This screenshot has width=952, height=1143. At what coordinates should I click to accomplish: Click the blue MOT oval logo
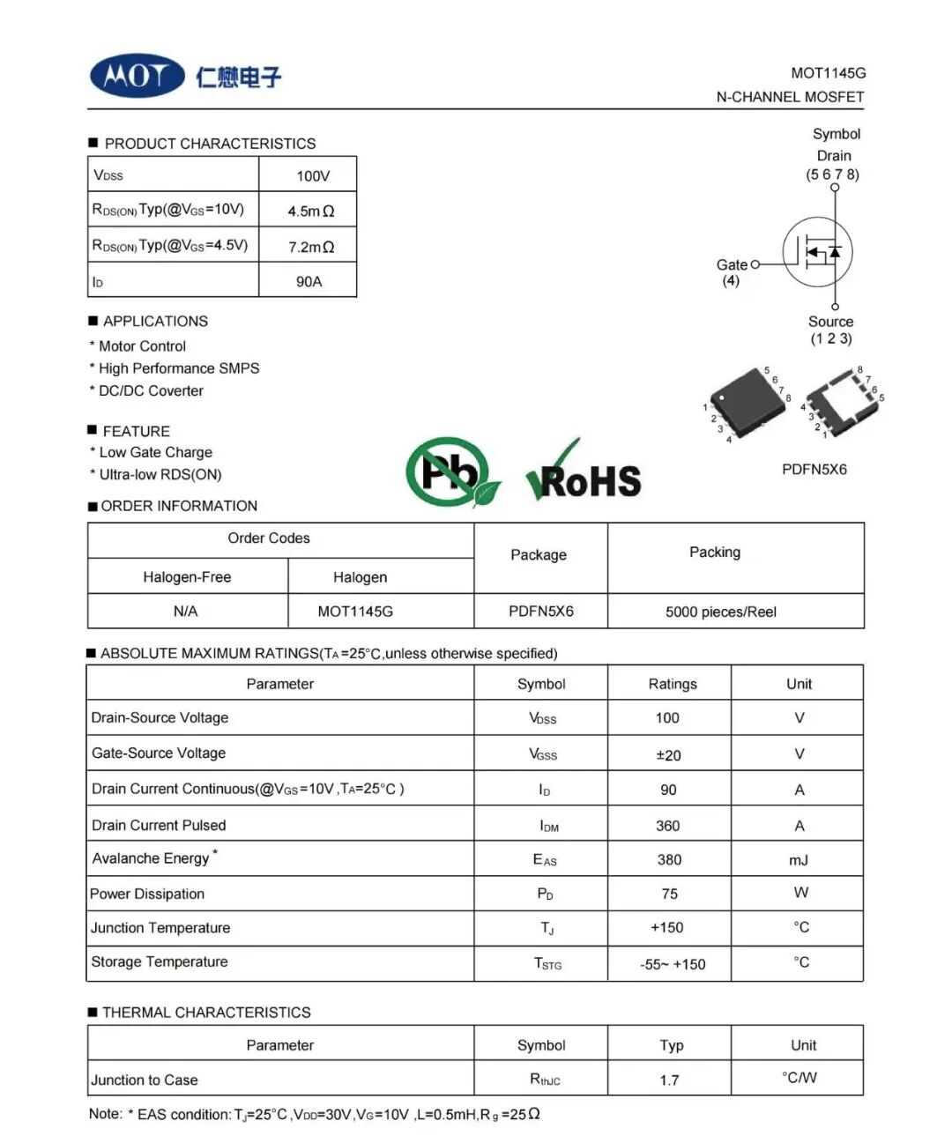tap(137, 76)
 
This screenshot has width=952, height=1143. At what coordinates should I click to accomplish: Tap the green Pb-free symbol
tap(450, 471)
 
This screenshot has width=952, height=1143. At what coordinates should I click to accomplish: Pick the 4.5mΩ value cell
tap(310, 212)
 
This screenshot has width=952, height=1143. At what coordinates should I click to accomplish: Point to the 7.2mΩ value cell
tap(310, 247)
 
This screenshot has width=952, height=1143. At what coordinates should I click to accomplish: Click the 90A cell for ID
tap(309, 282)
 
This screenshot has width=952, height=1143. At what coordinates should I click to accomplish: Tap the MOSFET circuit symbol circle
tap(817, 252)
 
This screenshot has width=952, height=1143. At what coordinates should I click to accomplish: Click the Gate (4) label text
tap(732, 271)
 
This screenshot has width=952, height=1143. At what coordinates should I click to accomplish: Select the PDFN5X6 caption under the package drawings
tap(814, 470)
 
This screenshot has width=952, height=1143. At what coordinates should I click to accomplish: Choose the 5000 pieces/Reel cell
tap(720, 612)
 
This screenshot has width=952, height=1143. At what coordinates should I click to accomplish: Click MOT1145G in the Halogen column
tap(355, 612)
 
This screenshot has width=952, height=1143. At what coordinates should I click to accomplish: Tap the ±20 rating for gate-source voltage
tap(668, 755)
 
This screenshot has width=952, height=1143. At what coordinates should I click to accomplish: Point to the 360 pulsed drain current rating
tap(667, 826)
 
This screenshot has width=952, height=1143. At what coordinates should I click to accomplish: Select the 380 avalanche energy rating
tap(669, 860)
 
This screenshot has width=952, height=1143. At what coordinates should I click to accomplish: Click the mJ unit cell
tap(799, 860)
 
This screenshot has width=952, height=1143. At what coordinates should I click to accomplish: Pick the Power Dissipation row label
tap(147, 894)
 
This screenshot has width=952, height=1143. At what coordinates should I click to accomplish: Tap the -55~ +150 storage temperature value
tap(673, 964)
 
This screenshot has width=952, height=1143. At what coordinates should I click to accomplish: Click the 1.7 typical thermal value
tap(669, 1080)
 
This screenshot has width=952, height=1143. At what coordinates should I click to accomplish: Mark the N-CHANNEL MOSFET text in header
tap(790, 97)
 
